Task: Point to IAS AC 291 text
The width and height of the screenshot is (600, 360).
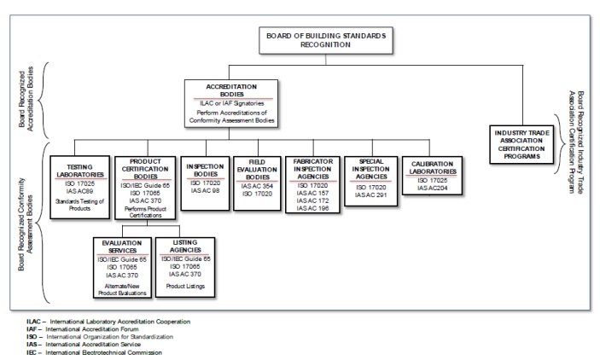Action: click(x=371, y=195)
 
